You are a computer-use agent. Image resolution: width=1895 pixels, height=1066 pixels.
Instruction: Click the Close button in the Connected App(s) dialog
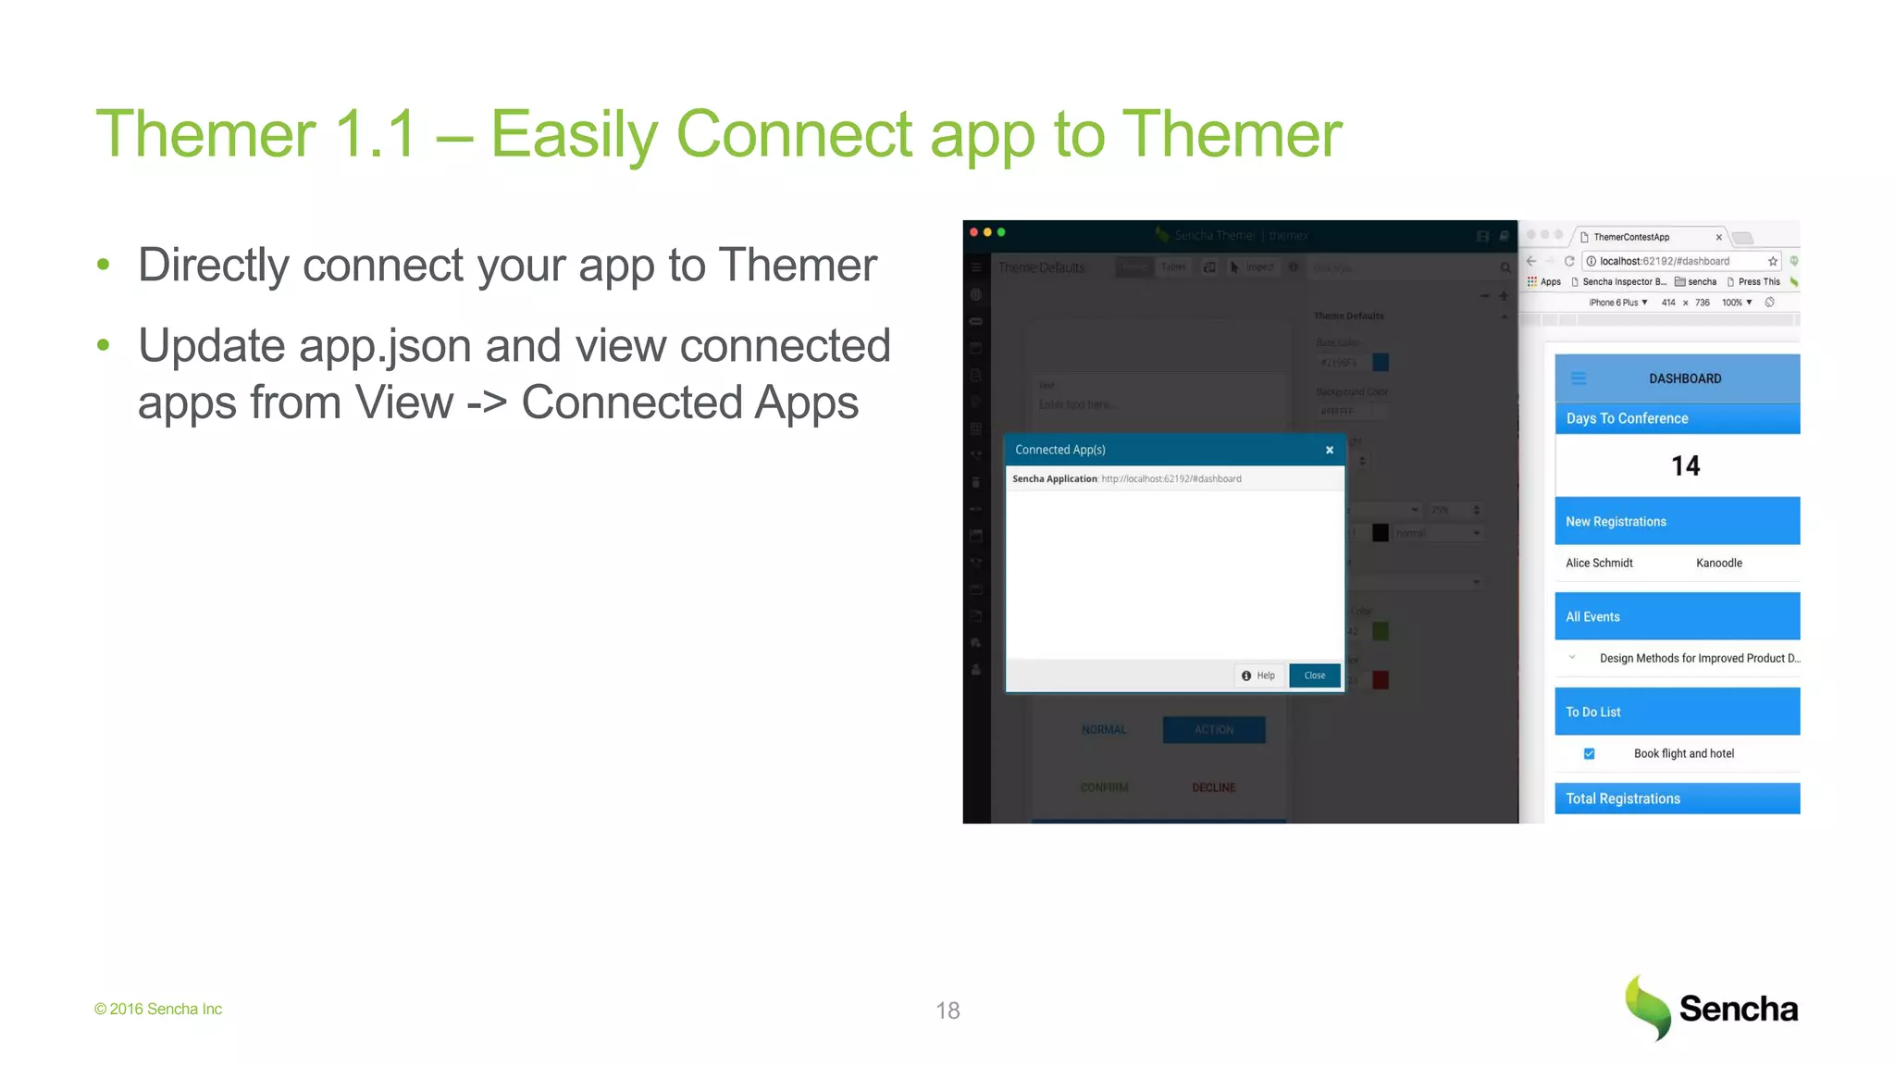pyautogui.click(x=1314, y=676)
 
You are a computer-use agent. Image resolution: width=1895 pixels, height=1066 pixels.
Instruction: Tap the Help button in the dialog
pyautogui.click(x=1258, y=676)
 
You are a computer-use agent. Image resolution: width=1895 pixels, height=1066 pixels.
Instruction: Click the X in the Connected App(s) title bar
pyautogui.click(x=1330, y=450)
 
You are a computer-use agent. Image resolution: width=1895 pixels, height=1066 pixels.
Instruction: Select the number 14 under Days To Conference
pyautogui.click(x=1685, y=465)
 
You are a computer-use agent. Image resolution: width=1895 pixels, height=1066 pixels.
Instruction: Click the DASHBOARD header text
pyautogui.click(x=1685, y=378)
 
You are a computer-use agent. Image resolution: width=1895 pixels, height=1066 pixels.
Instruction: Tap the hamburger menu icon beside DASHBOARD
pyautogui.click(x=1579, y=378)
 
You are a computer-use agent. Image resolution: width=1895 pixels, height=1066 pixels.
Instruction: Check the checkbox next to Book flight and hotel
pyautogui.click(x=1589, y=753)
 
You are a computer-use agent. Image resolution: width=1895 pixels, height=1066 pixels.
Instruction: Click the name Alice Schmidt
pyautogui.click(x=1599, y=563)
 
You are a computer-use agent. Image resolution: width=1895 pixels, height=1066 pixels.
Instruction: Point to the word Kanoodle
pyautogui.click(x=1718, y=563)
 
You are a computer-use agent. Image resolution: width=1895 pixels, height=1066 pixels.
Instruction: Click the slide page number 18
pyautogui.click(x=947, y=1010)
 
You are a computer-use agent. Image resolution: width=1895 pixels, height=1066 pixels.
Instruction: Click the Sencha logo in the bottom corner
pyautogui.click(x=1712, y=1009)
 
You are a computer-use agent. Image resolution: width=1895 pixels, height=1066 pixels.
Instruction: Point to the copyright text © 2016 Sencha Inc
pyautogui.click(x=158, y=1009)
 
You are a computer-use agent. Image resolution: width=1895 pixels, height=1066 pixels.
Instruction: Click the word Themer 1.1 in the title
pyautogui.click(x=255, y=134)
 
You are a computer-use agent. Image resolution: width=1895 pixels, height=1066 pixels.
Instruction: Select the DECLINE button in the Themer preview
pyautogui.click(x=1213, y=787)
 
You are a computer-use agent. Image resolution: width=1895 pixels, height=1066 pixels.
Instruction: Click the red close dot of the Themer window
pyautogui.click(x=973, y=232)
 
